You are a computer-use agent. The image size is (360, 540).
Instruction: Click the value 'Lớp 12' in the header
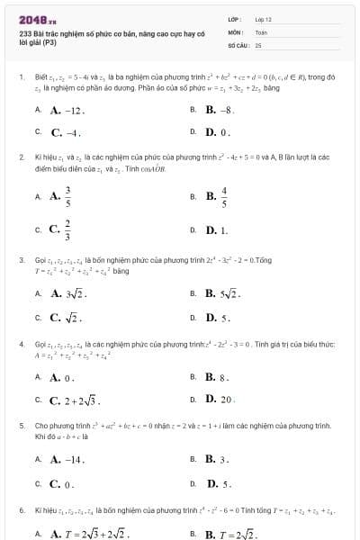(264, 19)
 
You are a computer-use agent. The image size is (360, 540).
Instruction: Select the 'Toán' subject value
(261, 31)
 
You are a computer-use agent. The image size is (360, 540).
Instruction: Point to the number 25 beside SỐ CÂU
(258, 44)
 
